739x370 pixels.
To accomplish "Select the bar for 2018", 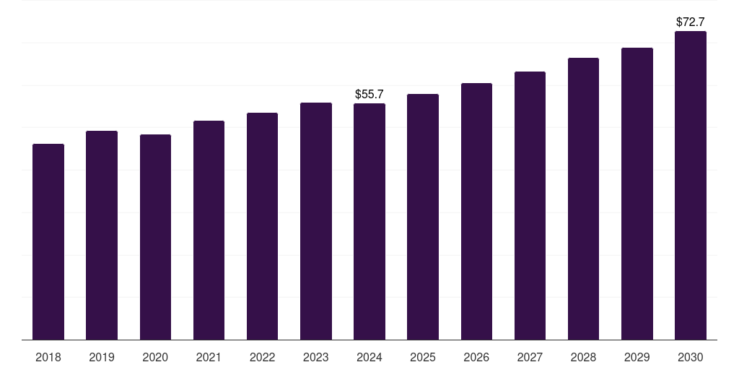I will click(48, 242).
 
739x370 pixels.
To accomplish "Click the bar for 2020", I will click(155, 237).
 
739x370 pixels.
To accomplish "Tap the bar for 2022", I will click(262, 226).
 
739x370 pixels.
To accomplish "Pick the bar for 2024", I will click(369, 222).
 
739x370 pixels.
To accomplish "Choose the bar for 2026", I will click(476, 212).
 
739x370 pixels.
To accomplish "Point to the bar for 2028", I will click(583, 199).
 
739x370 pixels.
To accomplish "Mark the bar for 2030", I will click(691, 186).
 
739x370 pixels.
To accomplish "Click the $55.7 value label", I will click(369, 95).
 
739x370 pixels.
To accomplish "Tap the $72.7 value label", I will click(691, 22).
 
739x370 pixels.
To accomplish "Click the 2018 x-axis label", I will click(48, 357).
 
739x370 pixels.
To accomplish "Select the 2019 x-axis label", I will click(102, 357).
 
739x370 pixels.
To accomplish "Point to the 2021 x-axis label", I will click(209, 357).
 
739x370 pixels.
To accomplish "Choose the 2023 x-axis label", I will click(316, 357).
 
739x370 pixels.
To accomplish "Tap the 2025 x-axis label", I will click(423, 357).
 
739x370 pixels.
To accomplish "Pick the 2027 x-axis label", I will click(530, 357).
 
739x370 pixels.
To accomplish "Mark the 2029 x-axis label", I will click(637, 357).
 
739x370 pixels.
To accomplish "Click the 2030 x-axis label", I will click(691, 357).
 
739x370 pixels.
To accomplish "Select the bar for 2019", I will click(102, 236).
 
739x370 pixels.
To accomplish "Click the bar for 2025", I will click(423, 217).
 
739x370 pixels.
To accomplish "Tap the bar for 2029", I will click(637, 194).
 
